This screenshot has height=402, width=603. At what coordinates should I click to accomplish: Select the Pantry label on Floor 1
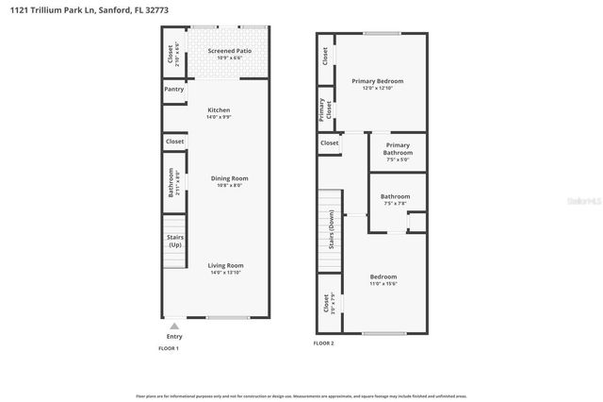click(x=174, y=90)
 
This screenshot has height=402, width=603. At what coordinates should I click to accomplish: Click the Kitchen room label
click(x=219, y=110)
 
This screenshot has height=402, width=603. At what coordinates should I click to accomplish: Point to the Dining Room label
click(x=228, y=177)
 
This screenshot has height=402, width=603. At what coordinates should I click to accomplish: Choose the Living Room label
click(x=226, y=265)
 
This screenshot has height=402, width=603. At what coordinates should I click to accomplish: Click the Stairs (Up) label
click(x=174, y=241)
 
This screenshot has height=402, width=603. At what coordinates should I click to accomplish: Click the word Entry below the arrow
click(x=174, y=336)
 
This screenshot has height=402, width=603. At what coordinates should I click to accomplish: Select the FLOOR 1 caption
click(x=168, y=348)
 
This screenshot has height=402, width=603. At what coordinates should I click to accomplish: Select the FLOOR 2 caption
click(x=323, y=343)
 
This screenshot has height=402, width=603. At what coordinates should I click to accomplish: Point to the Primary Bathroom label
click(x=398, y=149)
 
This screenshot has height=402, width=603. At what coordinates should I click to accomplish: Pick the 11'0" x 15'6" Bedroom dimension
click(x=383, y=283)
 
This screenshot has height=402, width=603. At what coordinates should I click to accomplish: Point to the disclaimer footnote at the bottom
click(x=301, y=396)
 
